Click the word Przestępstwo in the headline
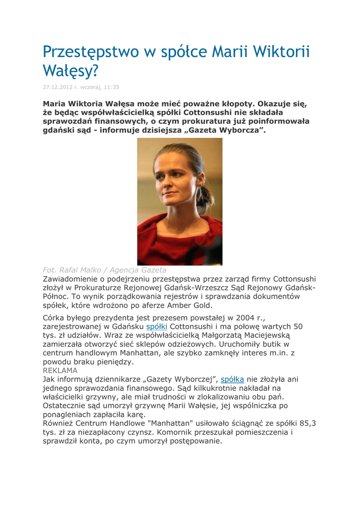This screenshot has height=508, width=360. click(91, 52)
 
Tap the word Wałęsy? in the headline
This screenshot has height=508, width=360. click(69, 72)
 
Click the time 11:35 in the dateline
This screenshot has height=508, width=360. click(111, 87)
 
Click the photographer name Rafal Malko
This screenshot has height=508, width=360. click(81, 270)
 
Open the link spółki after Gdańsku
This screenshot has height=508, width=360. click(156, 327)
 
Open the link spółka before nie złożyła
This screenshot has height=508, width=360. click(232, 380)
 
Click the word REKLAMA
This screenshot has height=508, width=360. click(60, 371)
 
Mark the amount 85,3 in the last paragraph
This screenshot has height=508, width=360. click(307, 423)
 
